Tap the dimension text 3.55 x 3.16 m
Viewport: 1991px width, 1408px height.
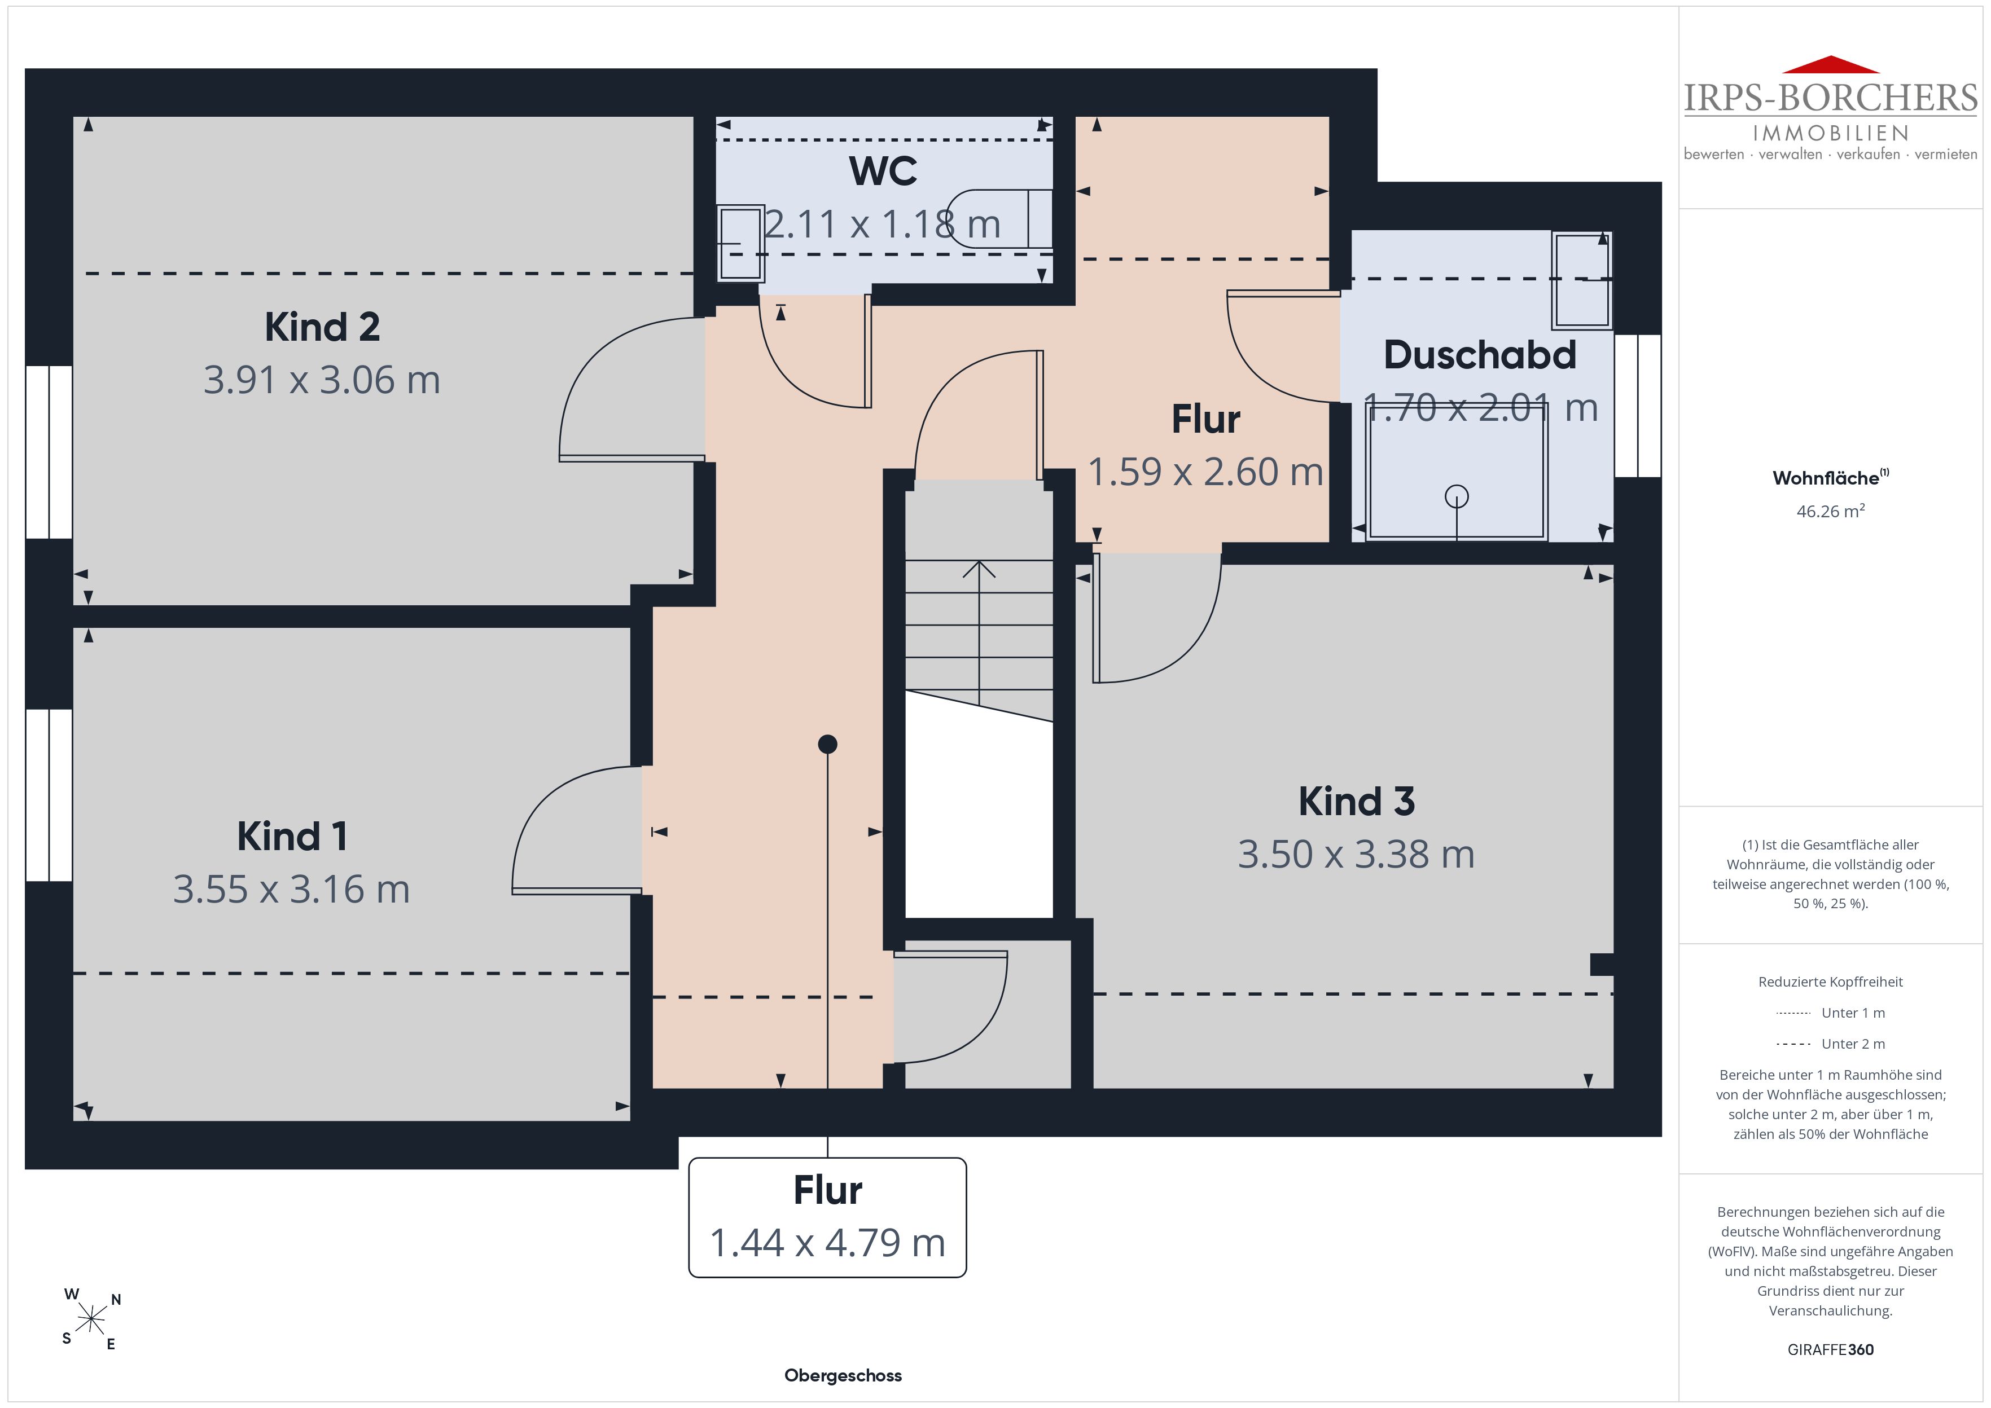[x=291, y=890]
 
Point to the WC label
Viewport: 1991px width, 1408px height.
[x=883, y=171]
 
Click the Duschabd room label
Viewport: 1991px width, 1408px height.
[x=1479, y=355]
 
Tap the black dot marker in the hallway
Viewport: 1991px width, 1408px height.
[x=827, y=744]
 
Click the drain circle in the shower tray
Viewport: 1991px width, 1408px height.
[x=1457, y=497]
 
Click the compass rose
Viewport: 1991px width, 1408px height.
[x=91, y=1319]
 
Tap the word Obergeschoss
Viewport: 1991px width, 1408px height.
[x=843, y=1375]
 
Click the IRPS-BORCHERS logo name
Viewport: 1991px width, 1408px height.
[x=1831, y=98]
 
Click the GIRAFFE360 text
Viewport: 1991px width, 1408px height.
[x=1831, y=1350]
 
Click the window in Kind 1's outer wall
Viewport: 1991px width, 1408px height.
[x=49, y=795]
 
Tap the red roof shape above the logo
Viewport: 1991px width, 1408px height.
[x=1831, y=64]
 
